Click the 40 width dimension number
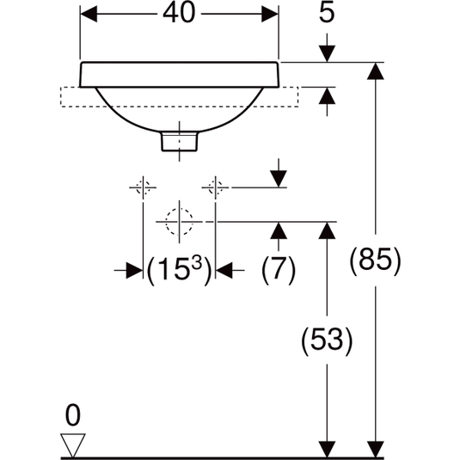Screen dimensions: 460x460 tap(179, 14)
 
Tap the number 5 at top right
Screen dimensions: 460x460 tap(327, 14)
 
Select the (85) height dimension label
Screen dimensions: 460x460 tap(375, 261)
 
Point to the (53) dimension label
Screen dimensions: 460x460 tap(327, 341)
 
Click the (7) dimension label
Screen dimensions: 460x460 tap(279, 270)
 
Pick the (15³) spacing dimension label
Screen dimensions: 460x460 tap(179, 270)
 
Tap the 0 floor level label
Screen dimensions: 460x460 tap(72, 415)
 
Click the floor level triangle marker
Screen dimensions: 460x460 tap(73, 445)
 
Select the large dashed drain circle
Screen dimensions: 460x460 tap(179, 222)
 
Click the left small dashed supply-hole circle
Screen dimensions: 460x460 tap(143, 187)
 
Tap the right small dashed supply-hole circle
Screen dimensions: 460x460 tap(215, 187)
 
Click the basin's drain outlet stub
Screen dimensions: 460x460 tap(179, 142)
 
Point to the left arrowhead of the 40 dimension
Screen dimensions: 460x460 tap(89, 14)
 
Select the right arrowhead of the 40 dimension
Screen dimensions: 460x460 tap(270, 14)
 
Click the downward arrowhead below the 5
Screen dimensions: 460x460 tap(327, 53)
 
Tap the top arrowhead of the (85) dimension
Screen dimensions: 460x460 tap(375, 71)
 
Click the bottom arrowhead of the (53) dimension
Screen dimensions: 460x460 tap(327, 449)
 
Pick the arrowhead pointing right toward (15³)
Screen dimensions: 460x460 tap(135, 270)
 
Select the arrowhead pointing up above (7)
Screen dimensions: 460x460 tap(279, 230)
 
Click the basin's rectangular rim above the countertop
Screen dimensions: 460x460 tap(179, 75)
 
